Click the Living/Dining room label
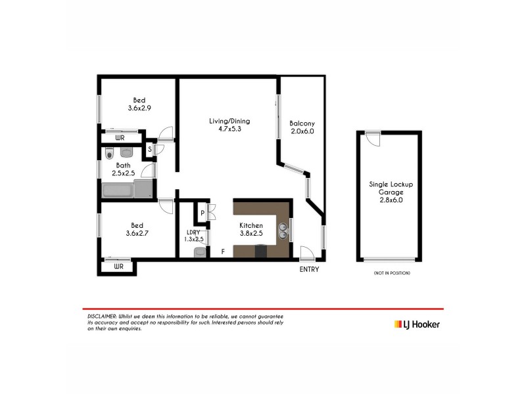coord(229,125)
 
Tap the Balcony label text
coord(302,127)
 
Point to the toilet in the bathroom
coord(109,154)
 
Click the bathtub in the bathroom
coord(118,191)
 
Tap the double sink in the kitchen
coord(283,232)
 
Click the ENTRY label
coord(308,269)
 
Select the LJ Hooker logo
coord(417,324)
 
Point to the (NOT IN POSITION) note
coord(391,273)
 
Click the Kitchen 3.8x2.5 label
coord(251,229)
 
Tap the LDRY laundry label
coord(193,234)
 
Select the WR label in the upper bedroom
coord(120,138)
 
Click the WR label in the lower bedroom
coord(119,267)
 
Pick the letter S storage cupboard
coord(150,149)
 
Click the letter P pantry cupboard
coord(202,213)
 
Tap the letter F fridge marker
coord(223,252)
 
